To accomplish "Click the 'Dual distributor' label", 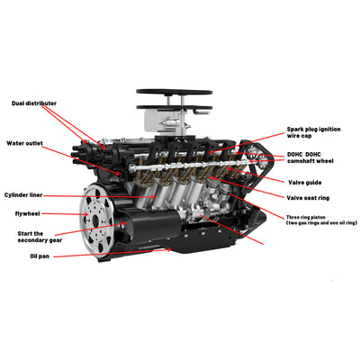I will point(40,103).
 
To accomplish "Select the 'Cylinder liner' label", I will point(28,194).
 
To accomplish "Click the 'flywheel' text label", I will point(28,213).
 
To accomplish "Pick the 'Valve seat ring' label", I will point(313,197).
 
